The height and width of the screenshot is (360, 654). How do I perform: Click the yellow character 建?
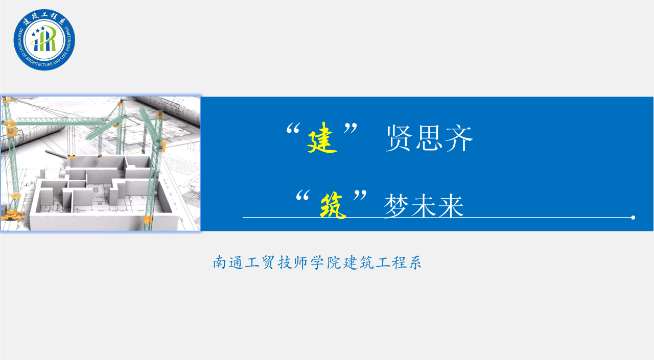(322, 138)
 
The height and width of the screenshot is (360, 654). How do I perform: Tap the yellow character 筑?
(333, 206)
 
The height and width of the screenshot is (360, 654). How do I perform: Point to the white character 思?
(429, 138)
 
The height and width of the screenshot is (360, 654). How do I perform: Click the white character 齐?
(459, 138)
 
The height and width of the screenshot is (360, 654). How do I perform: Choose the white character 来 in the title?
(451, 206)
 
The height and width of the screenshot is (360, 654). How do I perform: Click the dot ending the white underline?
(633, 218)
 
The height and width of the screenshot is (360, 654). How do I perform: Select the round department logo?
(44, 40)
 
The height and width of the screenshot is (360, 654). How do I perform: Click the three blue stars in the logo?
(38, 31)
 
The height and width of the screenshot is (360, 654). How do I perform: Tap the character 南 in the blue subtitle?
(219, 262)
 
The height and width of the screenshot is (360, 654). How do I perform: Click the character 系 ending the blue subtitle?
(414, 262)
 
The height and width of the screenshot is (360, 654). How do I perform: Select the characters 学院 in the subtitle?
(326, 262)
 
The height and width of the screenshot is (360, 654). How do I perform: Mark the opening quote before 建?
(293, 129)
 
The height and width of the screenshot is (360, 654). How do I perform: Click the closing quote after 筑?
(360, 195)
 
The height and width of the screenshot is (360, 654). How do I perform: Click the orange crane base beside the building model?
(12, 215)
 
